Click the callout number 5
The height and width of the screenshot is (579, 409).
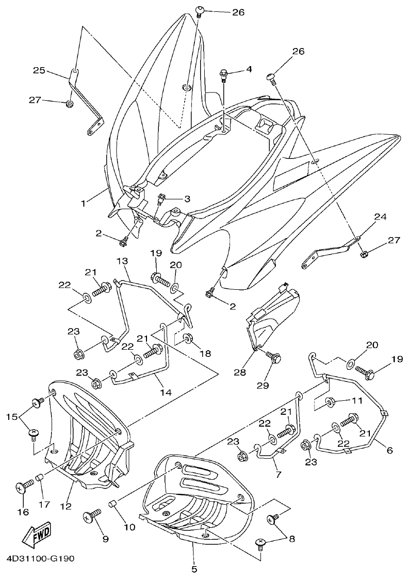click(x=194, y=570)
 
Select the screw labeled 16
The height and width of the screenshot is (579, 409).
click(x=24, y=487)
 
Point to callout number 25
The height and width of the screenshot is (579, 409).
click(x=39, y=70)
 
